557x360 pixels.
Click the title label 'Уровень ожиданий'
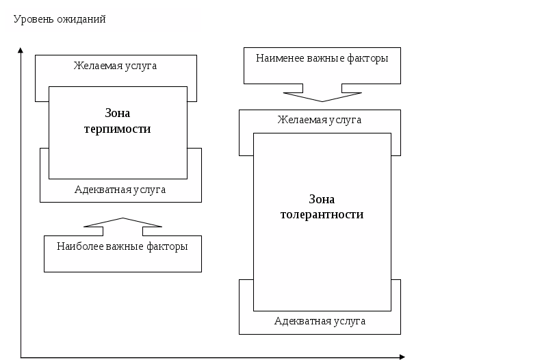point(60,19)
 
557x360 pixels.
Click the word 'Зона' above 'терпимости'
point(117,114)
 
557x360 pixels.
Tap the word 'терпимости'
point(117,129)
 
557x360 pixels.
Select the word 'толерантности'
point(322,214)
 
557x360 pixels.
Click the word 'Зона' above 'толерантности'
point(322,199)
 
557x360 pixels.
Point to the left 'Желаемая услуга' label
point(116,66)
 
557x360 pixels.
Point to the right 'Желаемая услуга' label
point(320,120)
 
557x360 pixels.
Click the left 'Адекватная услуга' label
point(120,190)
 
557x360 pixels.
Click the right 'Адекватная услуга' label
point(320,320)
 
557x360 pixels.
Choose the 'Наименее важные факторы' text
point(322,58)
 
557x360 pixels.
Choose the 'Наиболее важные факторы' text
point(122,246)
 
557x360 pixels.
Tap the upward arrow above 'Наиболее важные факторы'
point(122,223)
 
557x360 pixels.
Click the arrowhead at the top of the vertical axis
point(21,50)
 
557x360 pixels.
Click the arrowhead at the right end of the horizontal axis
point(402,357)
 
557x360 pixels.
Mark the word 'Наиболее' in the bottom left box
point(79,246)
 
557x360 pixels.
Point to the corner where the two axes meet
point(21,357)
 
